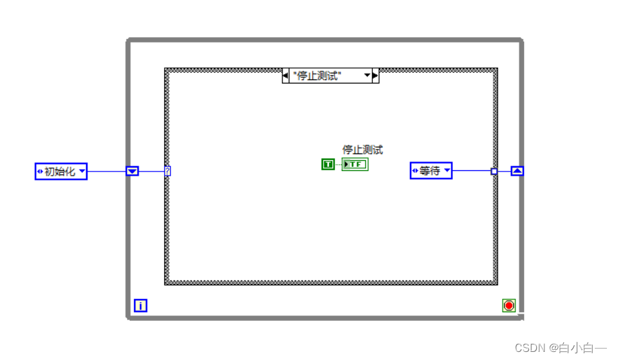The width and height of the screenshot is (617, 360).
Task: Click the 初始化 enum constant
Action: tap(59, 171)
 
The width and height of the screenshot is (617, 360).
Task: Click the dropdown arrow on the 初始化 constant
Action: tap(82, 171)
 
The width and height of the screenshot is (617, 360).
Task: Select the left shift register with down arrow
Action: tap(133, 171)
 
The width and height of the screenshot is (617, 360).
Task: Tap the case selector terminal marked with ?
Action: tap(168, 171)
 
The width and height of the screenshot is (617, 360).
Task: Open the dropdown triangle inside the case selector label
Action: tap(367, 75)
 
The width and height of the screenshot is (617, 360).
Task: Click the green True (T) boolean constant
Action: tap(328, 164)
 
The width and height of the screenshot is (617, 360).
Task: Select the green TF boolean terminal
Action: tap(355, 164)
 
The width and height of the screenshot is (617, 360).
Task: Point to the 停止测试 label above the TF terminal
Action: tap(363, 150)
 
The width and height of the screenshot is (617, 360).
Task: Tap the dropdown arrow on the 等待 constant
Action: tap(447, 171)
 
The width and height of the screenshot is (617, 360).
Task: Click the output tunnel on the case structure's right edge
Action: tap(494, 171)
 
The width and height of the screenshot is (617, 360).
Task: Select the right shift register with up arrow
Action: tap(517, 171)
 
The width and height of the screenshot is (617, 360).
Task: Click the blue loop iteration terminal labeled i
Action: tap(140, 306)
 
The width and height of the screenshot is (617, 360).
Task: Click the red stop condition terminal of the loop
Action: tap(509, 306)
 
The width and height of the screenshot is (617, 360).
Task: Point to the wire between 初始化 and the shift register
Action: tap(107, 171)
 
